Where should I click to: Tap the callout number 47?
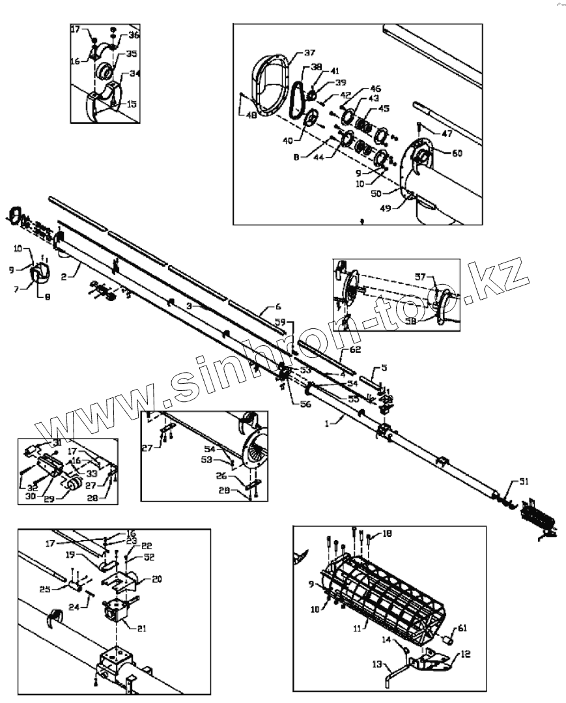446,134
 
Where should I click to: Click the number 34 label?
134,74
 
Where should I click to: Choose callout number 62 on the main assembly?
354,350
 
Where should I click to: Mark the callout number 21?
143,629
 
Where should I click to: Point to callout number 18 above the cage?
387,534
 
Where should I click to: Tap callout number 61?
462,628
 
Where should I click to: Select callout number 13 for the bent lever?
376,665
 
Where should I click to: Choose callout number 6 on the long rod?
278,306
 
